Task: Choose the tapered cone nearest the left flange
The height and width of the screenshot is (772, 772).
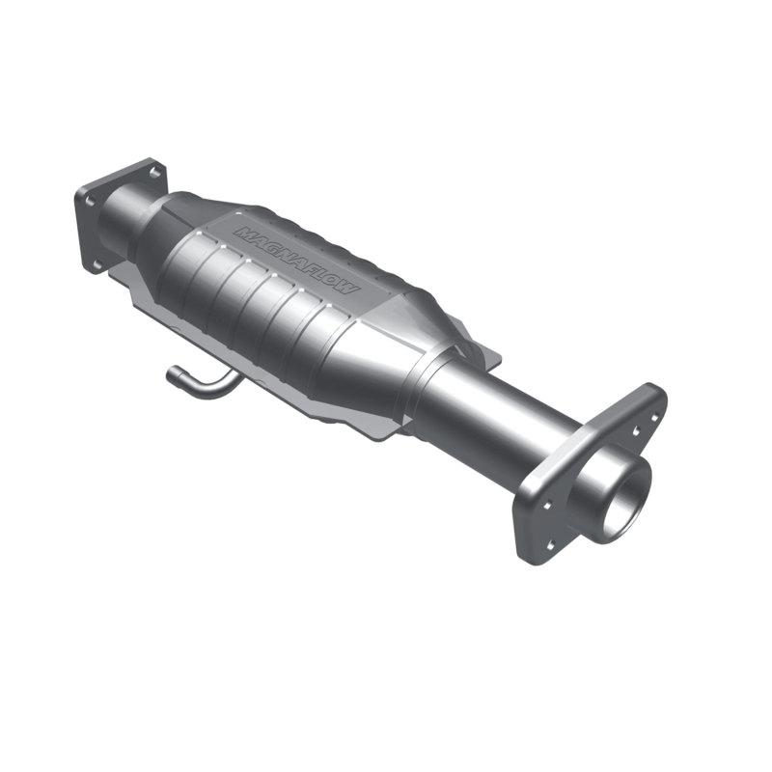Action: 159,232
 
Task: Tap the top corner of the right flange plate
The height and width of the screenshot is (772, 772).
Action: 658,389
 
